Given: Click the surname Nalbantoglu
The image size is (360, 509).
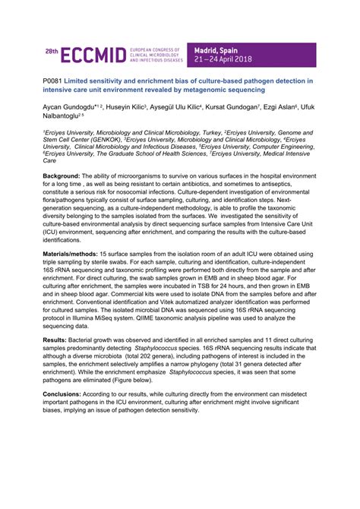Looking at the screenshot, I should [x=65, y=119].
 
